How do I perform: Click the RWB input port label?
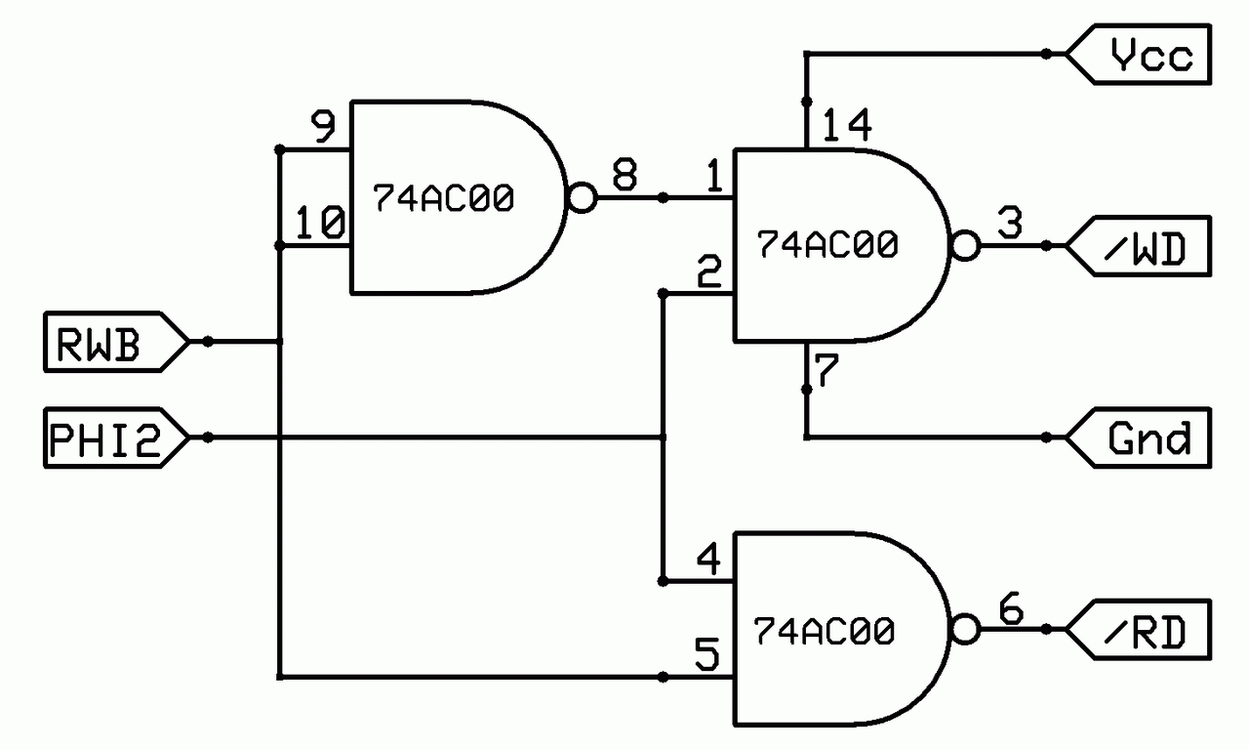[x=98, y=343]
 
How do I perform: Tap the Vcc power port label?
[x=1150, y=55]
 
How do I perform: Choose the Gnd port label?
[x=1150, y=437]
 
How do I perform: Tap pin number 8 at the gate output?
[x=624, y=177]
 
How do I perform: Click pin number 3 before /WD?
[x=1010, y=224]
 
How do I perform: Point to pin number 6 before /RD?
[x=1010, y=609]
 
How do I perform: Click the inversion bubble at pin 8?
[x=580, y=199]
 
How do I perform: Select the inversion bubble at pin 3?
[x=964, y=246]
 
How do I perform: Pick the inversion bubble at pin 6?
[x=964, y=630]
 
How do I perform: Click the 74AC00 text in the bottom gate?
[x=825, y=632]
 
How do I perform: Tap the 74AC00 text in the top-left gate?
[x=441, y=199]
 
